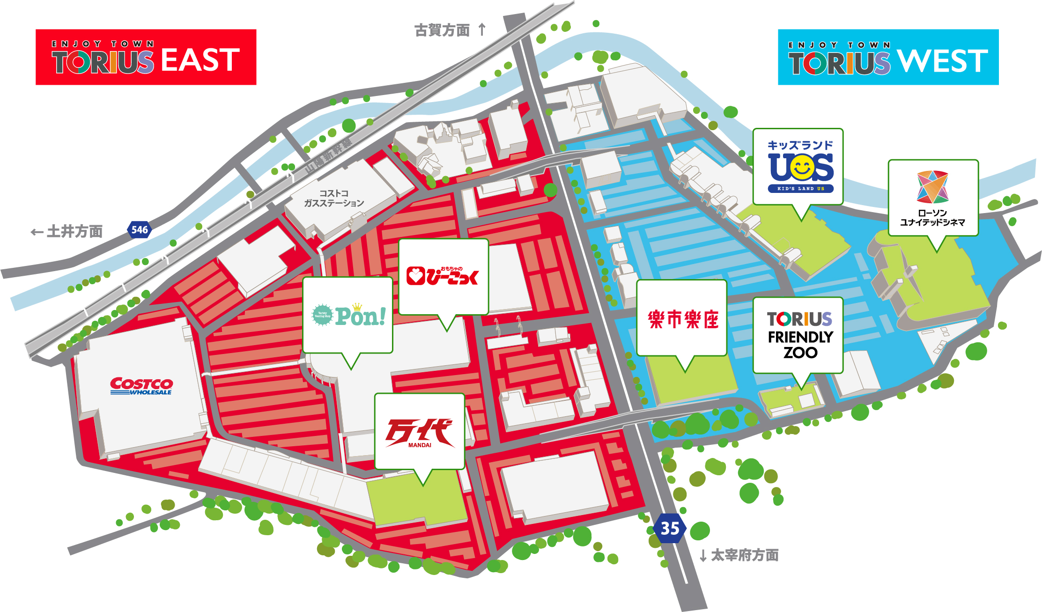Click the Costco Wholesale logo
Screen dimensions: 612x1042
[x=141, y=386]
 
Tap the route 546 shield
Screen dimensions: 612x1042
[x=140, y=229]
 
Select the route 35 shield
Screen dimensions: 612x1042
[x=670, y=529]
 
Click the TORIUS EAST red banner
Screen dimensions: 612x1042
[x=146, y=57]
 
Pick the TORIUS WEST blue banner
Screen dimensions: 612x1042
[x=888, y=57]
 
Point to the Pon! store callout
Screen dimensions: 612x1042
[x=348, y=315]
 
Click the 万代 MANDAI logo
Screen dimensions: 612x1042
[x=419, y=433]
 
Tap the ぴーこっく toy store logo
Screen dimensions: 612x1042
[x=443, y=276]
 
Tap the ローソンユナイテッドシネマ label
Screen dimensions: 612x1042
[x=932, y=218]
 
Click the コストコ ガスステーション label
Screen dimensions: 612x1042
[x=334, y=198]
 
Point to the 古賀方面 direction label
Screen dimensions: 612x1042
[x=442, y=30]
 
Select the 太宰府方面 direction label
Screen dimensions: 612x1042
[x=745, y=555]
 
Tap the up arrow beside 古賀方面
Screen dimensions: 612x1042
[x=482, y=29]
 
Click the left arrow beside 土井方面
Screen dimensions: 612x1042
[x=37, y=232]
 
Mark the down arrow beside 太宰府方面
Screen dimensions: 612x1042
[x=703, y=556]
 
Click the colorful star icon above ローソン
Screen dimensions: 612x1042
[x=932, y=186]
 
